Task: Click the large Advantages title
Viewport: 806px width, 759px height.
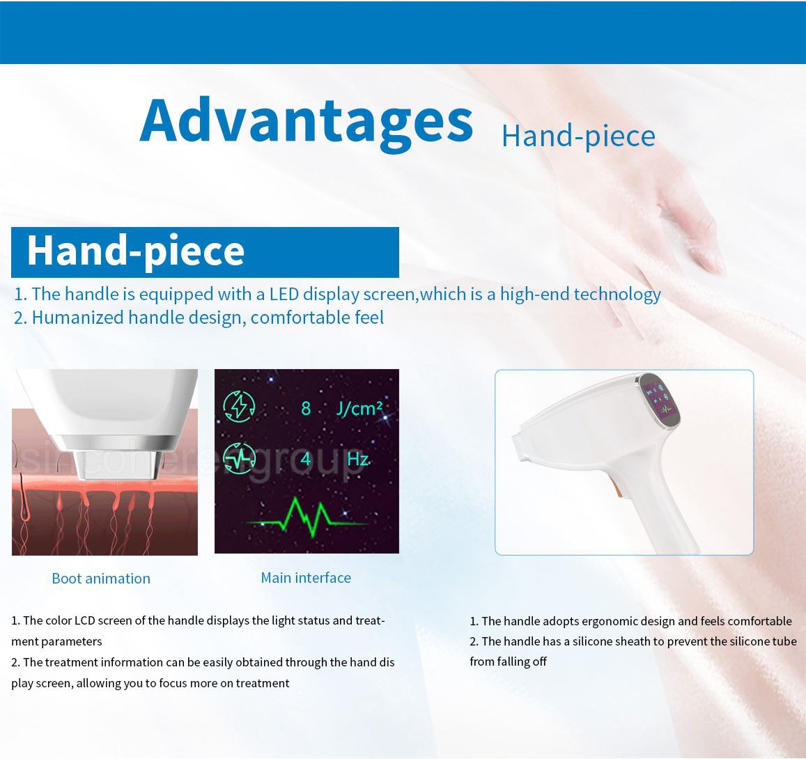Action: (x=307, y=124)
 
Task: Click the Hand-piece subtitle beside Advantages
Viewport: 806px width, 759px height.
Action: (x=578, y=136)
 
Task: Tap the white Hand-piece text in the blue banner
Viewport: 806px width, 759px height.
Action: (x=136, y=251)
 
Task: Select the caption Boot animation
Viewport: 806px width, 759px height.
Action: (x=101, y=579)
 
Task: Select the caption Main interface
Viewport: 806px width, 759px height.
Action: (x=306, y=577)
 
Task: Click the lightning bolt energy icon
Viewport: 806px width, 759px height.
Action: (x=239, y=407)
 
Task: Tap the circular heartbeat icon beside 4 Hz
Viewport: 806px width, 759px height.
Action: (x=239, y=457)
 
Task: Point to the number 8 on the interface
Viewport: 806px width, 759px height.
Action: (x=306, y=408)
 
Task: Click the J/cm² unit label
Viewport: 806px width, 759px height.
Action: (x=359, y=409)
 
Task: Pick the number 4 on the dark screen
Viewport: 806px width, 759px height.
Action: (x=306, y=458)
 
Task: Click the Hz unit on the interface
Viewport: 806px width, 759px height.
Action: (x=358, y=458)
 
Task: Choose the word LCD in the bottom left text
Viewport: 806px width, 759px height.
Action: (x=84, y=620)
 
